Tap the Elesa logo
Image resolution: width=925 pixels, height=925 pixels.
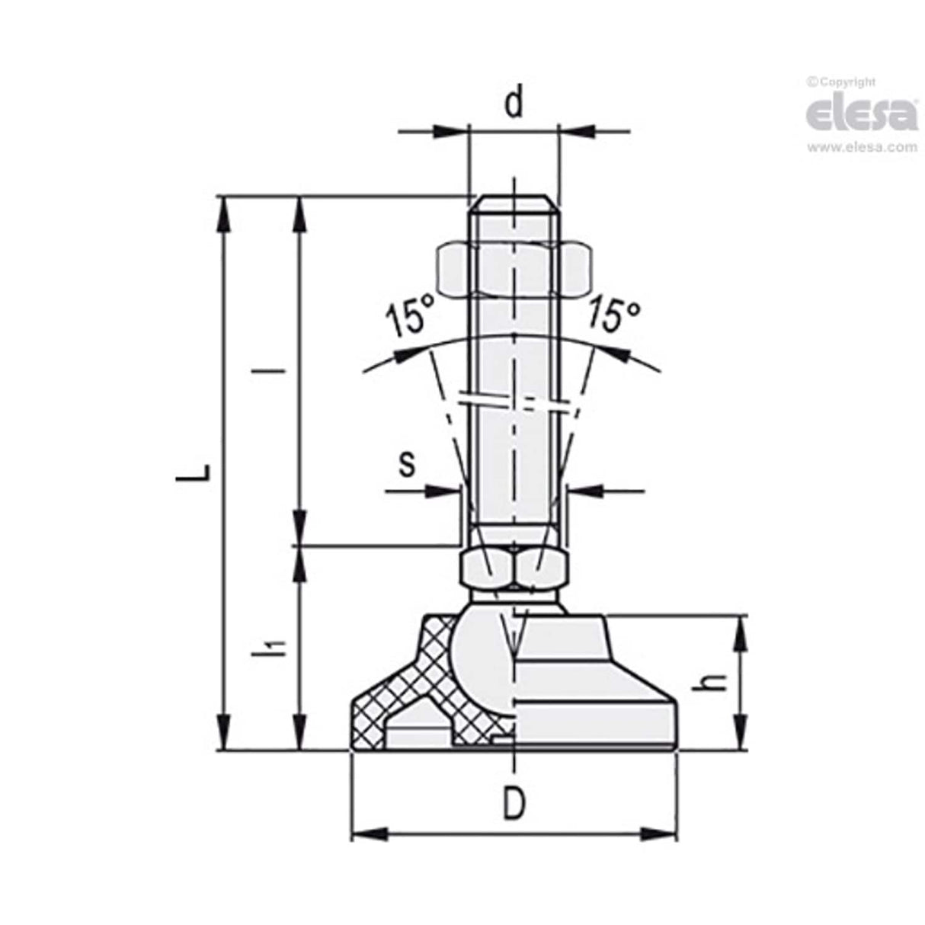point(861,114)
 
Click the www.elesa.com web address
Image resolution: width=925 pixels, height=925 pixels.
point(862,148)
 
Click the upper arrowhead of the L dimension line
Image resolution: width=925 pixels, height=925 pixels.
point(223,213)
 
